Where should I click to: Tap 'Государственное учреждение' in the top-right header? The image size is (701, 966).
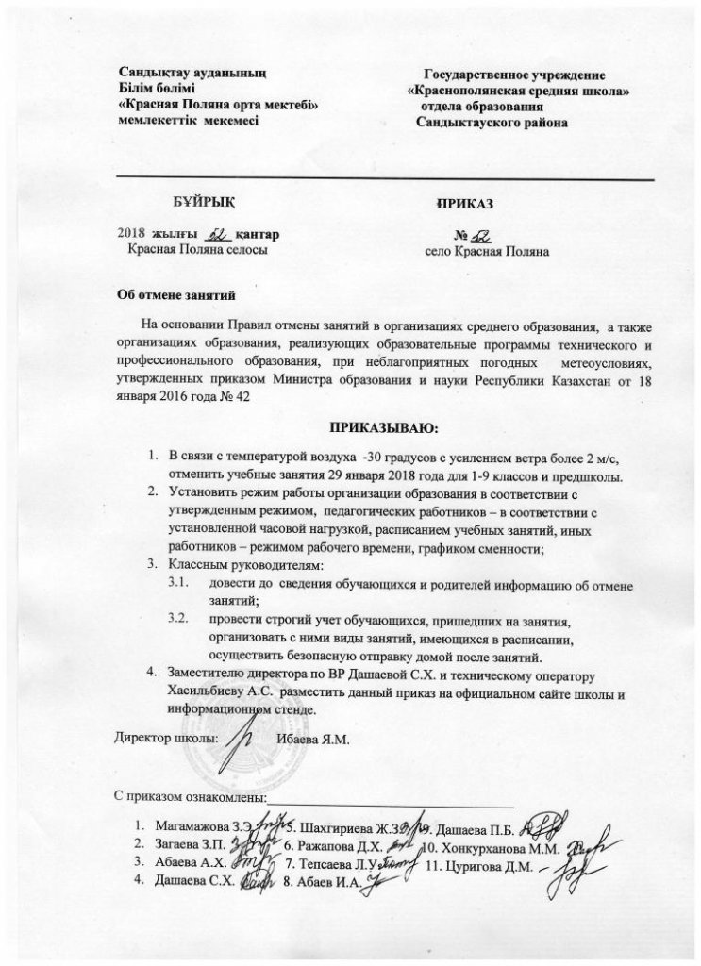tap(514, 74)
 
